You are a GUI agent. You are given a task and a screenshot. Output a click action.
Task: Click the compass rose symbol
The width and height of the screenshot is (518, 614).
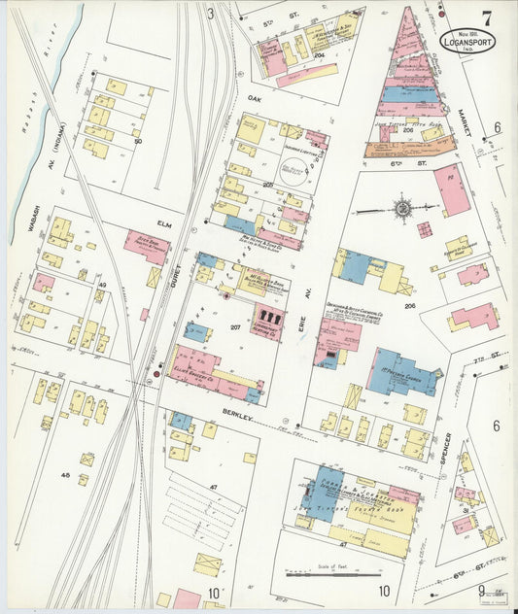click(402, 208)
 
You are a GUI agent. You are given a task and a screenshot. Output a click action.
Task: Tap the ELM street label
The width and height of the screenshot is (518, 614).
click(163, 224)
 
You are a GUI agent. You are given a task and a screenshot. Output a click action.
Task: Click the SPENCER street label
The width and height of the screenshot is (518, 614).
click(446, 449)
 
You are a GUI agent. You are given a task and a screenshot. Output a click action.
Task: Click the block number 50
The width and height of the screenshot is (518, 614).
click(138, 142)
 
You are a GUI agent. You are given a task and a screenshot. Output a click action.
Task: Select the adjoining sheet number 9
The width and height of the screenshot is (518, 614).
click(479, 591)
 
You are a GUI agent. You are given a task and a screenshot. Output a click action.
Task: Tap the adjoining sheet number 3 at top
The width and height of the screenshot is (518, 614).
click(210, 14)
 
